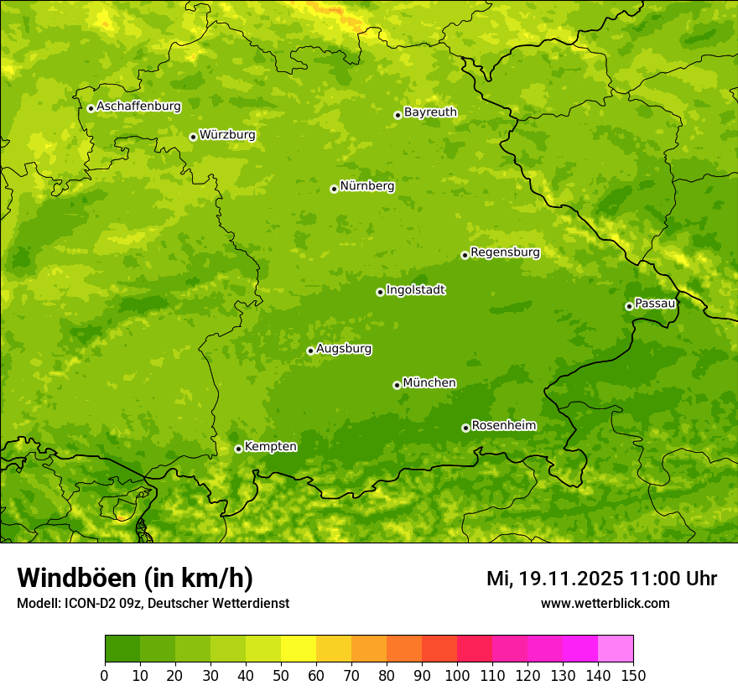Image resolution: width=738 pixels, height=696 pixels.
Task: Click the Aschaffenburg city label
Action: (138, 106)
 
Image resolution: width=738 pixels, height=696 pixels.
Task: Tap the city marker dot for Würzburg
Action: (193, 137)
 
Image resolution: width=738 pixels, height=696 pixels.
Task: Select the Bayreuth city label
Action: (430, 112)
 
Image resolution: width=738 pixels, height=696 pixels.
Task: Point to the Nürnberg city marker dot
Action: (334, 189)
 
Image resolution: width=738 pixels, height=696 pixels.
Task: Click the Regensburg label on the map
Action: (505, 252)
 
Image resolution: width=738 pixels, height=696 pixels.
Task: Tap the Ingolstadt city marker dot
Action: (380, 292)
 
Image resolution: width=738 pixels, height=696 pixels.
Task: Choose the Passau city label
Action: (655, 304)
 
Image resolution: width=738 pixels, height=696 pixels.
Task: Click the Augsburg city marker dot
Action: (310, 351)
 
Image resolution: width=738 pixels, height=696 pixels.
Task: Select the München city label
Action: (429, 383)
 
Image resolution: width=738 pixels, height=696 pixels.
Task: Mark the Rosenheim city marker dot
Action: (465, 428)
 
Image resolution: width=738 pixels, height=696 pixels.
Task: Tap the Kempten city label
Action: (270, 447)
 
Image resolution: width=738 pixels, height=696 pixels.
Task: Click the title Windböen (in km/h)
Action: (135, 578)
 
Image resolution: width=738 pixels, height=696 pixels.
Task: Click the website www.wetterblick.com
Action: (605, 603)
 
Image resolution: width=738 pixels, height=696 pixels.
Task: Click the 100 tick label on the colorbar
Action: (457, 675)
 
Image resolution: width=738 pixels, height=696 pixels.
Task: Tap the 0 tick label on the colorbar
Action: (105, 675)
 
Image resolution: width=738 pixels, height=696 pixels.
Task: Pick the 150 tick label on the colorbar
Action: (633, 675)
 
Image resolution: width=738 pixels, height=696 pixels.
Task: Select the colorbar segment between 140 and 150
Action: (616, 649)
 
